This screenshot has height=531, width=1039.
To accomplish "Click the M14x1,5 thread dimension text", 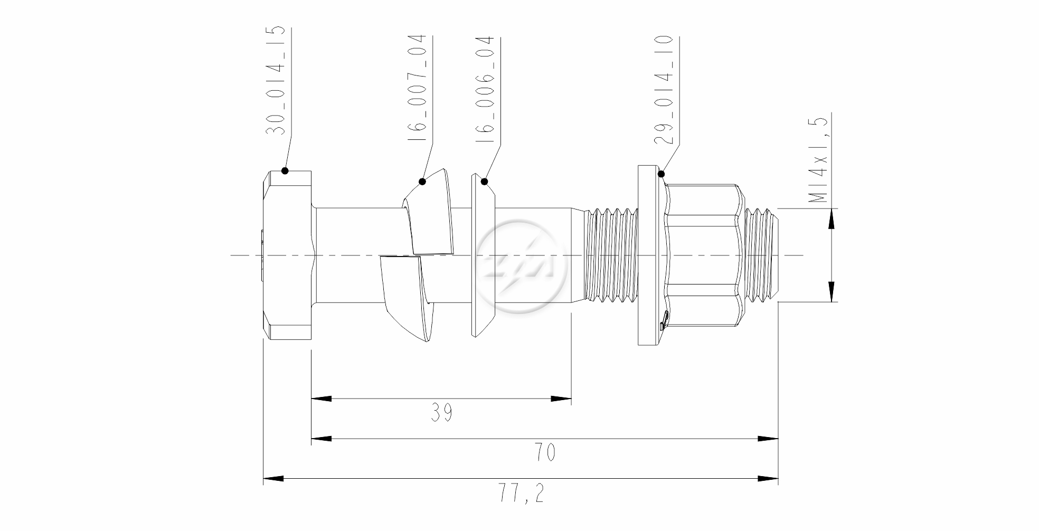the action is coord(818,160).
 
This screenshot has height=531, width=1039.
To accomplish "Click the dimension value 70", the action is coord(545,453).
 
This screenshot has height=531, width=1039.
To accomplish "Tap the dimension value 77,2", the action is coord(521,494).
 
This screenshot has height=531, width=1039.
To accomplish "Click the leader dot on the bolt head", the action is coord(285,170).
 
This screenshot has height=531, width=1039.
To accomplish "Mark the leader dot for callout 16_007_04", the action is coord(422,182).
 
